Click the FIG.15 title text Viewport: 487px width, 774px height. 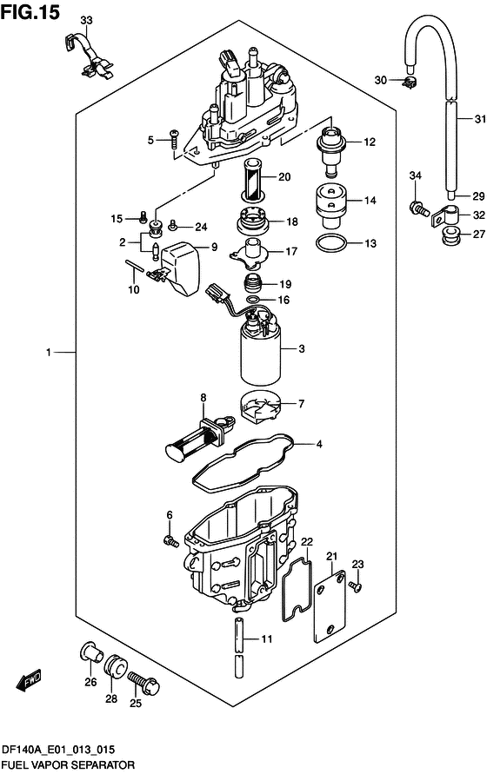point(30,12)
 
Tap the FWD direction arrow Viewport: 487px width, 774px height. point(29,679)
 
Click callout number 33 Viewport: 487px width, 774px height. point(86,20)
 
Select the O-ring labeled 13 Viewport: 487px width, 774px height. point(330,243)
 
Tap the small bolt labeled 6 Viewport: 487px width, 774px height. point(170,541)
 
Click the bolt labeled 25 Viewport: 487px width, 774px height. point(143,683)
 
